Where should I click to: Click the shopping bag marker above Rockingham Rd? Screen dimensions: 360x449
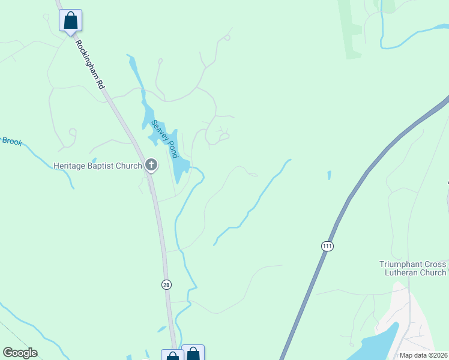(70, 20)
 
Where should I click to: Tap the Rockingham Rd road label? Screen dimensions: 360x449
(90, 65)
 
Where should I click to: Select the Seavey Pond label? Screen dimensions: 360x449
(165, 139)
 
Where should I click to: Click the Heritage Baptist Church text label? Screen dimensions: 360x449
(97, 166)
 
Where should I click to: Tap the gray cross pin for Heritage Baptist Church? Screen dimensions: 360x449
(151, 164)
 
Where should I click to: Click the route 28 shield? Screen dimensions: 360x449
(167, 284)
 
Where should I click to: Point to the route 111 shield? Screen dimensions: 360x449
(327, 247)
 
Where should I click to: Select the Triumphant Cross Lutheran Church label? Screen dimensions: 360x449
(413, 268)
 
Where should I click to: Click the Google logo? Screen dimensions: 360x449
(20, 353)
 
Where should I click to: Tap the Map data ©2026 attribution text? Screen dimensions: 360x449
(423, 355)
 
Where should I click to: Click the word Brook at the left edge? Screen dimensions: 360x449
(12, 141)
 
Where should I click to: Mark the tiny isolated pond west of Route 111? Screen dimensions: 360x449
(329, 175)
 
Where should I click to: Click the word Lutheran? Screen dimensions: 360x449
(404, 272)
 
